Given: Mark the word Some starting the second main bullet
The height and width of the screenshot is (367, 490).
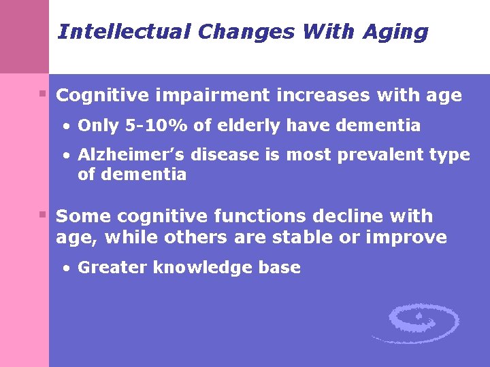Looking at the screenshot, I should (x=84, y=217).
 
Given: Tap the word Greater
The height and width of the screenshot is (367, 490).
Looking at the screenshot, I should (x=112, y=268).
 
